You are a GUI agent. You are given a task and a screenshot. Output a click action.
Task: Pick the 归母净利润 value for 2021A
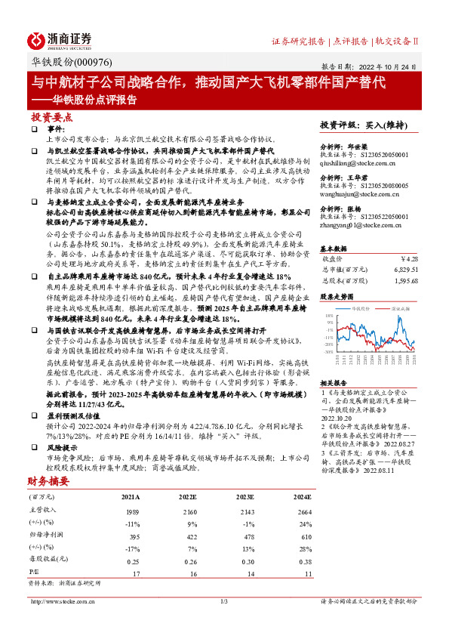click(131, 536)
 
